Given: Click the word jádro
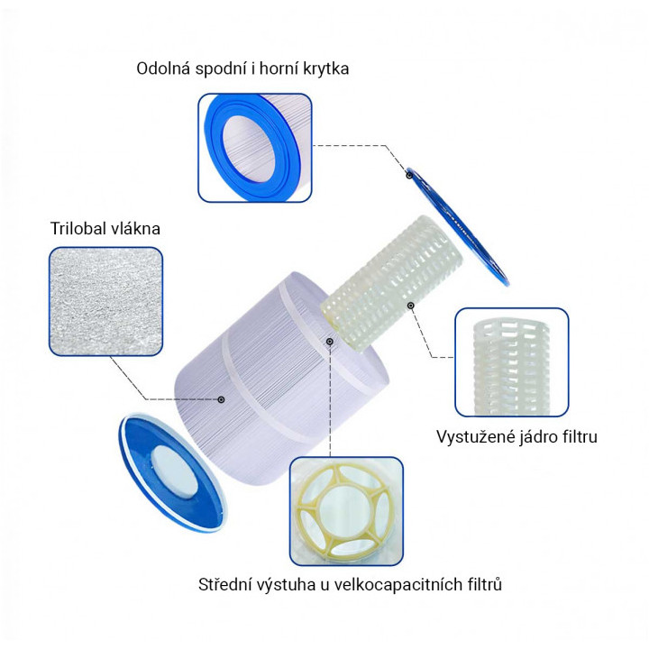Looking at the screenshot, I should pos(539,437).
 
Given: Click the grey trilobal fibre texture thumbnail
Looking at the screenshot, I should pos(106,302).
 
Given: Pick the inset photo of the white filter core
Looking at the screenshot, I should pos(511,358).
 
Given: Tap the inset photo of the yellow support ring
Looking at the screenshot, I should pos(346,510).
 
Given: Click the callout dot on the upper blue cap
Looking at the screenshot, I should pos(408,176).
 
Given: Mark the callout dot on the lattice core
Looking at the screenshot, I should pos(410,306).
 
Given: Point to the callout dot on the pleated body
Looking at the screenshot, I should pos(222,398).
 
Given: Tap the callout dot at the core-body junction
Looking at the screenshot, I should pos(331,342).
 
